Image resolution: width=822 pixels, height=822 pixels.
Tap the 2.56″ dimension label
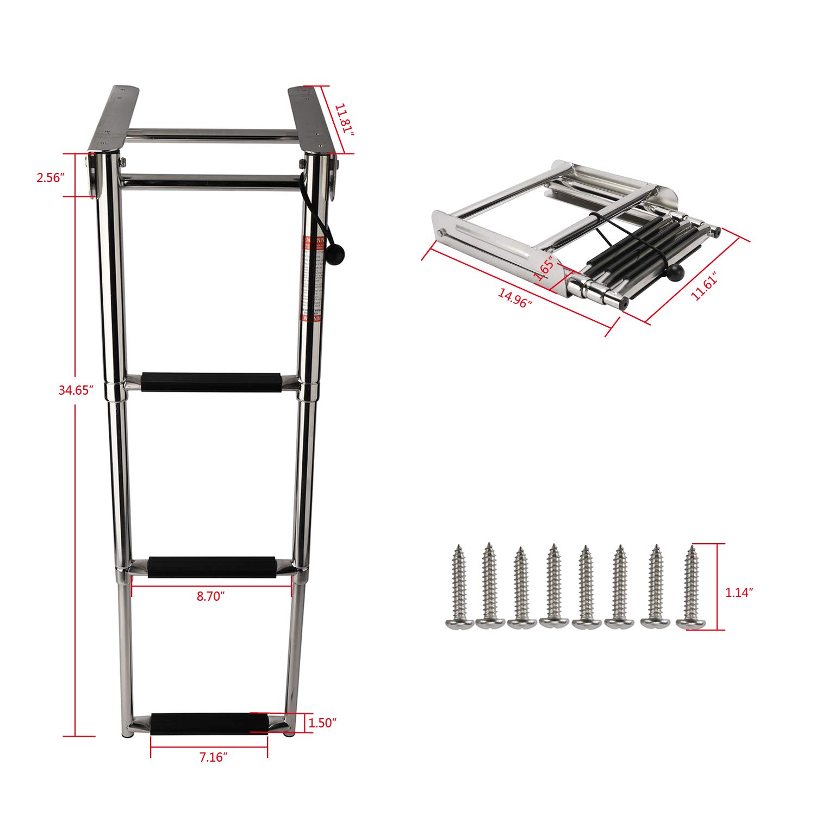[x=51, y=178]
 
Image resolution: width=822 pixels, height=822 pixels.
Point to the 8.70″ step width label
[x=211, y=596]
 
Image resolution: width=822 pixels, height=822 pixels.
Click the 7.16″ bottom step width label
[x=212, y=757]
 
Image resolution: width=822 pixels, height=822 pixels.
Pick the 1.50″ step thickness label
[x=322, y=723]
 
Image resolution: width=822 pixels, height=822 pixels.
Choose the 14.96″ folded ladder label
[x=514, y=298]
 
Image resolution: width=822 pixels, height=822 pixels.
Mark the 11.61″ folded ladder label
[x=705, y=286]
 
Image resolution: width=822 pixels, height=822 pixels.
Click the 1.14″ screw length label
[x=739, y=593]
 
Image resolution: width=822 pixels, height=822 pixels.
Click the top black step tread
[x=211, y=382]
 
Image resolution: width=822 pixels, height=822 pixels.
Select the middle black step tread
[x=212, y=566]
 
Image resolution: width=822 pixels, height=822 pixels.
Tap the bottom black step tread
[x=210, y=724]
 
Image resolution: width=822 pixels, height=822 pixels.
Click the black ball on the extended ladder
[x=338, y=253]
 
